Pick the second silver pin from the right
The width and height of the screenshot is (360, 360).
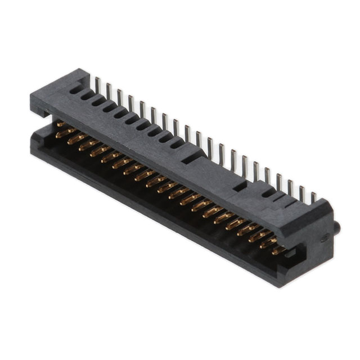point(301,193)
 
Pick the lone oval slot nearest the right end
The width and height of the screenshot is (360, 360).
point(269,192)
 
